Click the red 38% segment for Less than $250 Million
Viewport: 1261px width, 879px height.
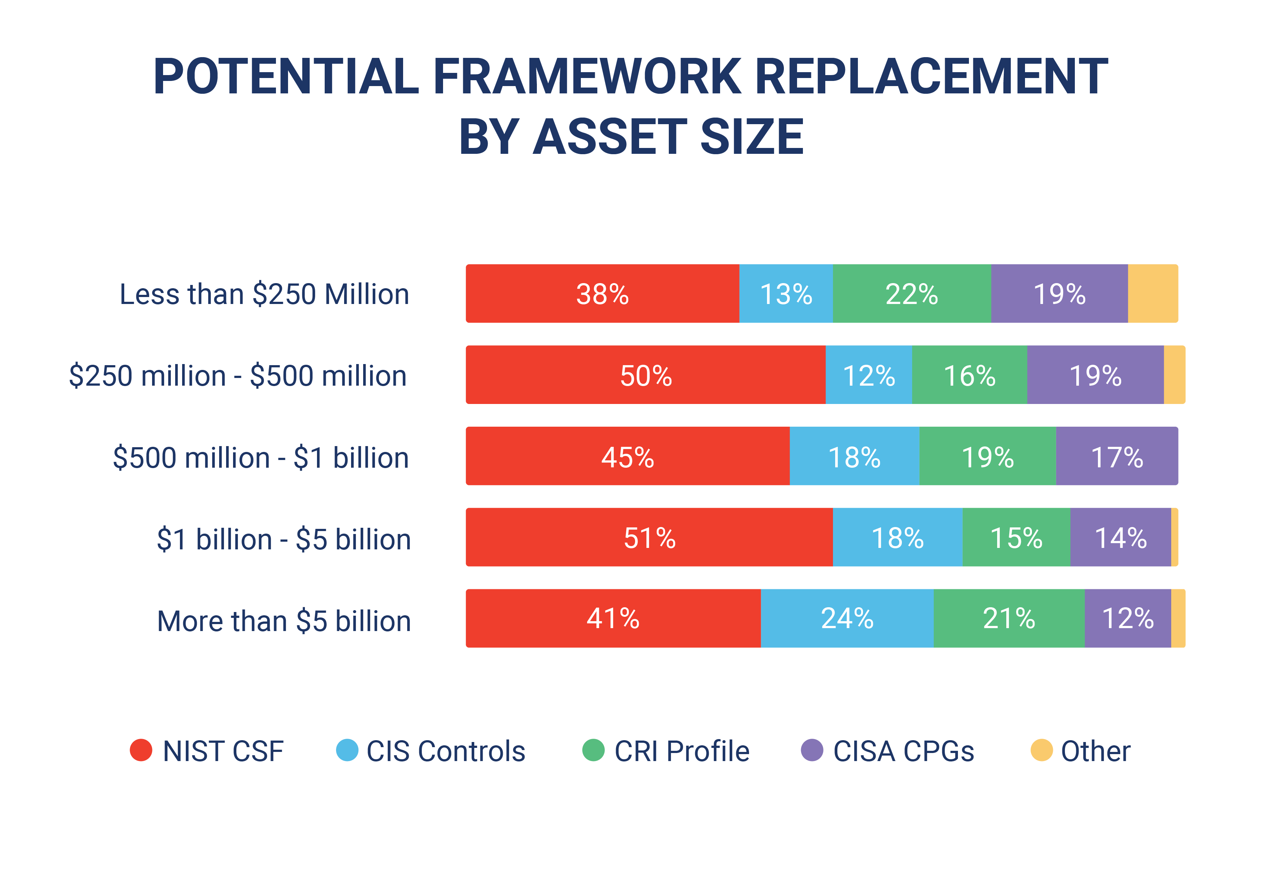click(x=602, y=294)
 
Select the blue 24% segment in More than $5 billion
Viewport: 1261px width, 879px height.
click(x=847, y=618)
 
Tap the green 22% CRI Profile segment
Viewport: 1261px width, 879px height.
click(x=912, y=294)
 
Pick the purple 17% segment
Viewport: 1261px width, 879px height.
click(x=1117, y=456)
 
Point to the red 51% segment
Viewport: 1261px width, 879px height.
click(x=649, y=538)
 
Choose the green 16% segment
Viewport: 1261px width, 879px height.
click(x=969, y=375)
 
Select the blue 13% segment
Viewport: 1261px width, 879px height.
click(x=786, y=294)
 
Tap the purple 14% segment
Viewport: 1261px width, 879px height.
click(x=1120, y=538)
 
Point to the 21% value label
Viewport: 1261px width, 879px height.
click(x=1009, y=619)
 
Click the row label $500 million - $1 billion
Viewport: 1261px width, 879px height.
click(x=261, y=458)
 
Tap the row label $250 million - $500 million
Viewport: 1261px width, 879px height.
click(x=238, y=376)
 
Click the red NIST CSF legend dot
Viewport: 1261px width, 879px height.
click(x=141, y=750)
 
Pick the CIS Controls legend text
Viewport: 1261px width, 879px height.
click(x=445, y=751)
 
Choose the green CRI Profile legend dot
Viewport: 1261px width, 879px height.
click(x=593, y=750)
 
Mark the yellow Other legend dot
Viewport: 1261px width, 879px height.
click(x=1041, y=750)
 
